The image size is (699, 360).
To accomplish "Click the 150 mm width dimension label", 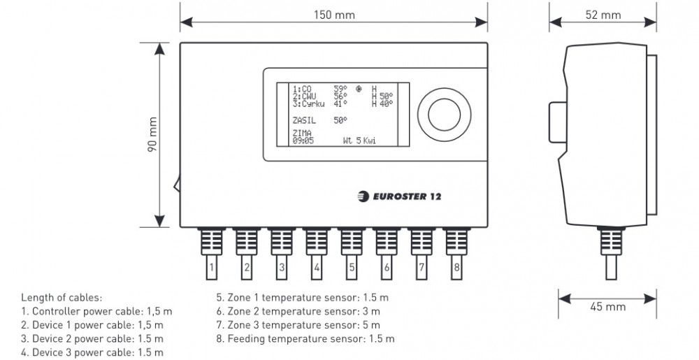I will [x=333, y=15].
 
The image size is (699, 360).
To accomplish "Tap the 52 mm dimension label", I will [x=603, y=15].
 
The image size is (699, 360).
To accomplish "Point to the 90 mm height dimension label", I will [x=152, y=134].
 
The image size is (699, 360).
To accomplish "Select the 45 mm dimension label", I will [x=607, y=307].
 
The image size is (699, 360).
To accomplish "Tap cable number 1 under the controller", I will [x=212, y=266].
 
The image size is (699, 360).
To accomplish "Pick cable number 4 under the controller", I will [x=317, y=266].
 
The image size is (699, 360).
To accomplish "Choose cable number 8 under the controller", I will [x=456, y=266].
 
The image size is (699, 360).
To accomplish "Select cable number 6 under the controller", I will [x=387, y=266].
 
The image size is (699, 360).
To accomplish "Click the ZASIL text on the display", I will [x=304, y=120].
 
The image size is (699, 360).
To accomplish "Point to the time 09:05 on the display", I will [x=303, y=141].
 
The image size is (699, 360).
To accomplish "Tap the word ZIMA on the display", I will [x=302, y=133].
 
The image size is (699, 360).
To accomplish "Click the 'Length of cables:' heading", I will [x=61, y=297].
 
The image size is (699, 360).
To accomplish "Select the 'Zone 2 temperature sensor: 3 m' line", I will [x=298, y=311].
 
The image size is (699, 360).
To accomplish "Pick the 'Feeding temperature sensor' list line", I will [x=305, y=339].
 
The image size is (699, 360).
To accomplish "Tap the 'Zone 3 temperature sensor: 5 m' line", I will [x=298, y=325].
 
